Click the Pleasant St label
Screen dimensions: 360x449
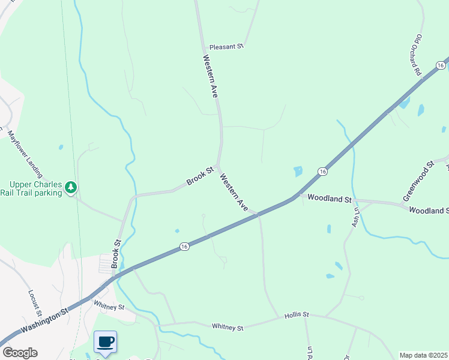point(226,46)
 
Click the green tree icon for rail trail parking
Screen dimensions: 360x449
point(71,188)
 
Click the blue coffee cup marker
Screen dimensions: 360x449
point(106,342)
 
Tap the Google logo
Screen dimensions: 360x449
point(19,353)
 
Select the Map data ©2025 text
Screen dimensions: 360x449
point(424,355)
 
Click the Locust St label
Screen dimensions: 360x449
point(34,303)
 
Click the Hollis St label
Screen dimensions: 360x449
point(297,314)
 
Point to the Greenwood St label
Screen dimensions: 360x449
point(418,181)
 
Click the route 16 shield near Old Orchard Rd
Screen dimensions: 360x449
point(441,65)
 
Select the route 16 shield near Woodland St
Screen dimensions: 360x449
point(323,172)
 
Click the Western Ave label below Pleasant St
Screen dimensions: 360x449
point(210,76)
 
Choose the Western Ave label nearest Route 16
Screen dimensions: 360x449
point(234,192)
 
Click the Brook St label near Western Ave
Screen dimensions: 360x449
point(200,176)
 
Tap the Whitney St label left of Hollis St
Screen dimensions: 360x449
point(228,328)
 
